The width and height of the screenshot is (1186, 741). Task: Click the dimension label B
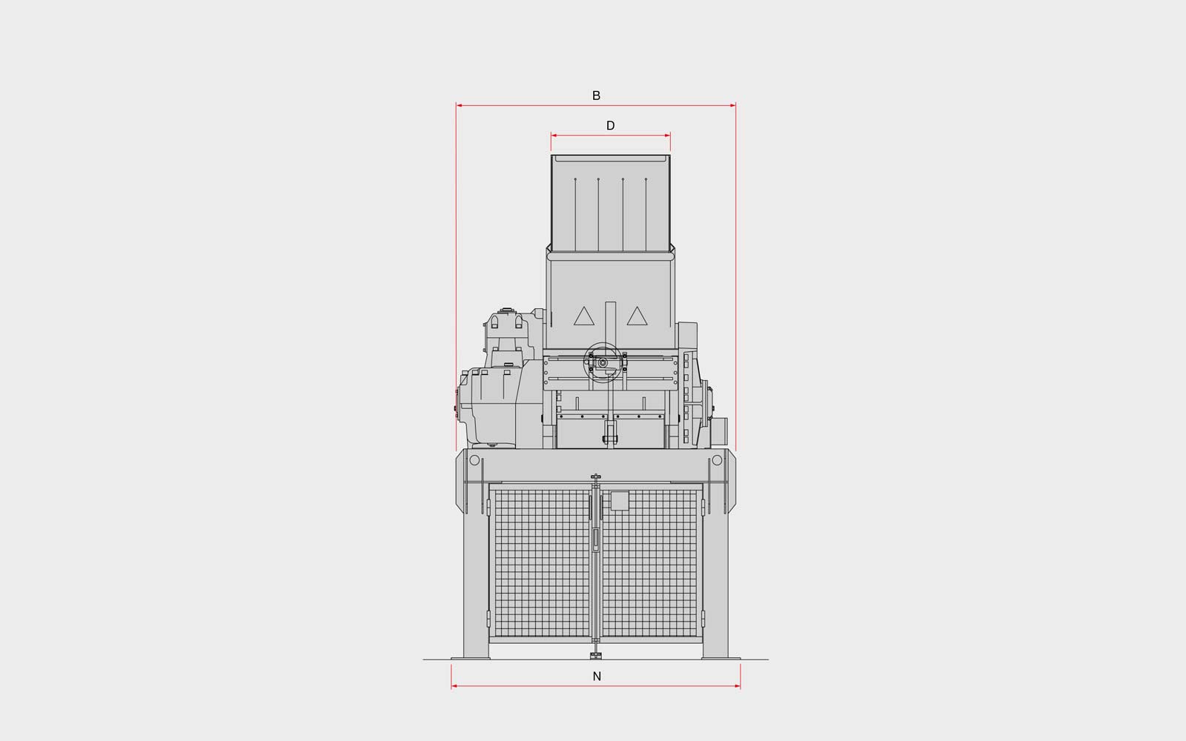596,96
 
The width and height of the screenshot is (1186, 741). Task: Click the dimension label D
611,126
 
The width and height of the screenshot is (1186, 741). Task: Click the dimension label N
597,677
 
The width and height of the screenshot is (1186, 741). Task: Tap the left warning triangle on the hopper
584,316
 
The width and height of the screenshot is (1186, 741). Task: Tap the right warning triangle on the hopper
637,316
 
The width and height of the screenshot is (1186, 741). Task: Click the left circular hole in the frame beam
474,460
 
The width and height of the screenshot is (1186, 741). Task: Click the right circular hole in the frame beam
717,460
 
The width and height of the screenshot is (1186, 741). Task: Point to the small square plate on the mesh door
620,501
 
